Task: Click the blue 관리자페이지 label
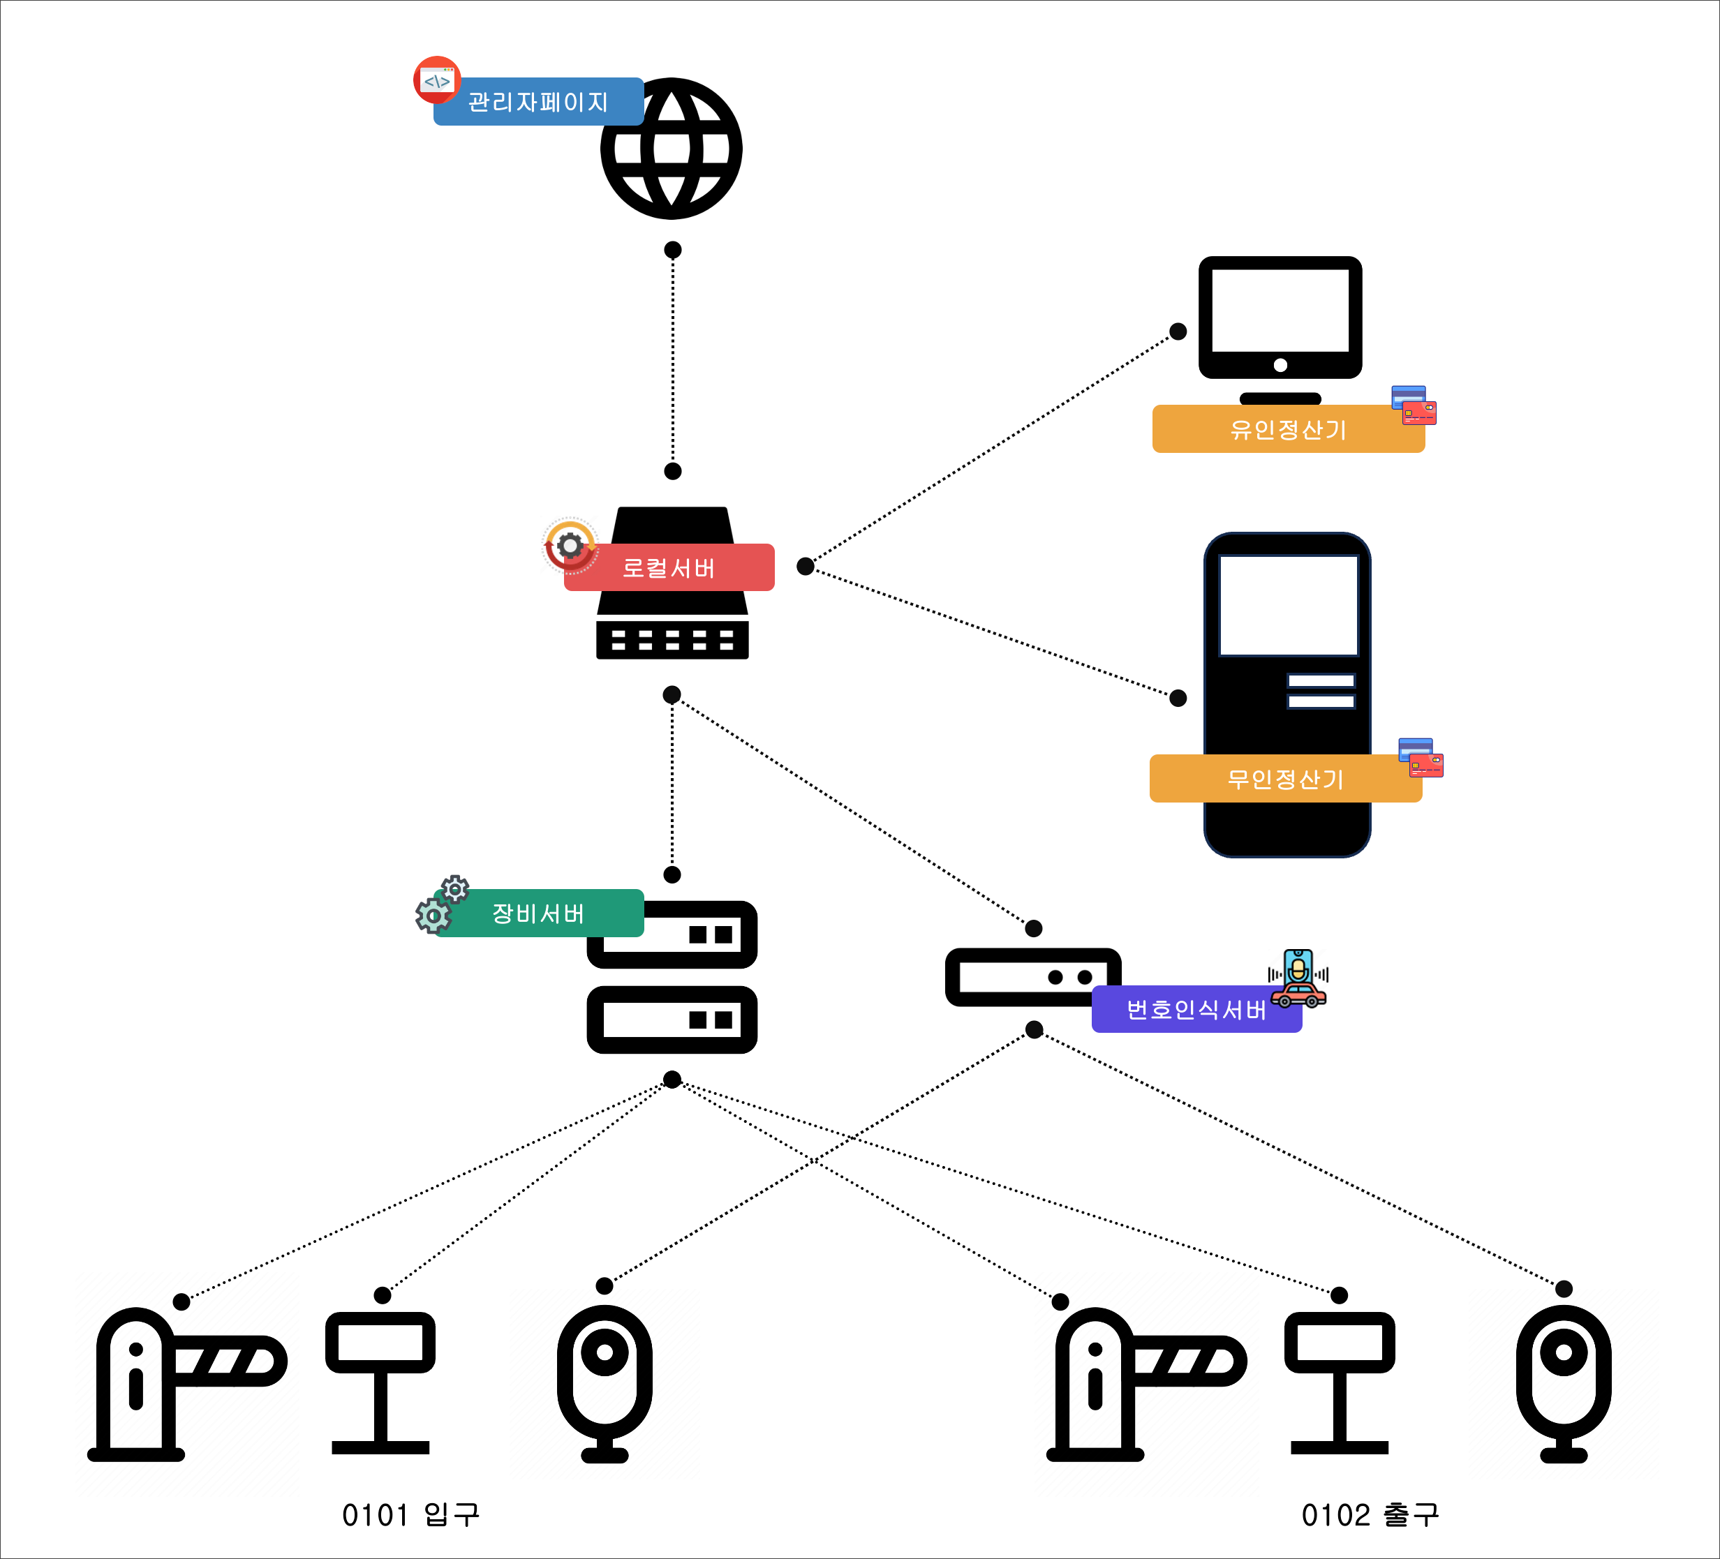click(x=538, y=101)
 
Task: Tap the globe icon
click(x=672, y=149)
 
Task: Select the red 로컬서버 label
click(x=669, y=567)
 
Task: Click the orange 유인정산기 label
click(x=1289, y=429)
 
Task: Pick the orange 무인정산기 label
click(x=1286, y=779)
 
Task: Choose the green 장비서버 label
click(x=538, y=913)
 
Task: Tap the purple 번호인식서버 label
click(x=1197, y=1009)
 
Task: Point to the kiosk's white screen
click(x=1289, y=606)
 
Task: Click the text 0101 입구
click(x=411, y=1514)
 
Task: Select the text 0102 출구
click(x=1370, y=1514)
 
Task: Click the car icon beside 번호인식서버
click(x=1298, y=995)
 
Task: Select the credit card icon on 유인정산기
click(x=1414, y=405)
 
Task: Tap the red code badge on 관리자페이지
click(x=437, y=80)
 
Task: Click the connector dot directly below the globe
click(x=672, y=250)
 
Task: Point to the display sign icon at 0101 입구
click(x=380, y=1382)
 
